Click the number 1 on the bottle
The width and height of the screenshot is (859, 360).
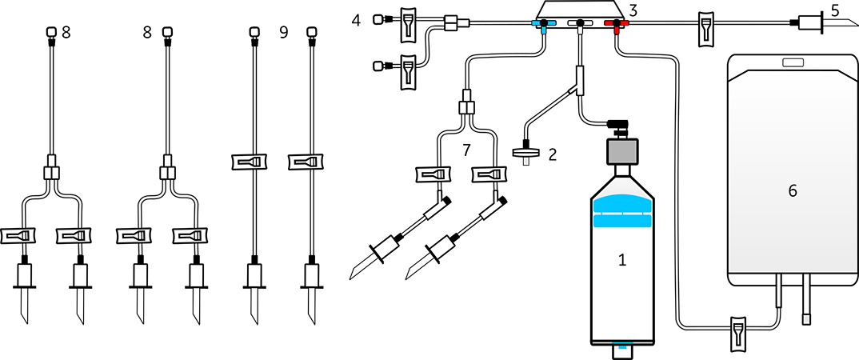point(621,260)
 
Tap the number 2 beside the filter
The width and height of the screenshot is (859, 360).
point(552,154)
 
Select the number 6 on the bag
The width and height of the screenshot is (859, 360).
point(792,190)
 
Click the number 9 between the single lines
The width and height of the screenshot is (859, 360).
point(283,33)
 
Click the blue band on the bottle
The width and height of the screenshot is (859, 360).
point(621,213)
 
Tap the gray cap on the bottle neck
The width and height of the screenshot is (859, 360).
point(621,151)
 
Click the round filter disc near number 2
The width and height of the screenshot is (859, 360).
point(527,154)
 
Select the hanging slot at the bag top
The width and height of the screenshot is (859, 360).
point(792,62)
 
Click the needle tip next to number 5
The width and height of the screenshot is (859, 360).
point(856,26)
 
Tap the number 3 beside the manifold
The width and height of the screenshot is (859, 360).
point(633,10)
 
